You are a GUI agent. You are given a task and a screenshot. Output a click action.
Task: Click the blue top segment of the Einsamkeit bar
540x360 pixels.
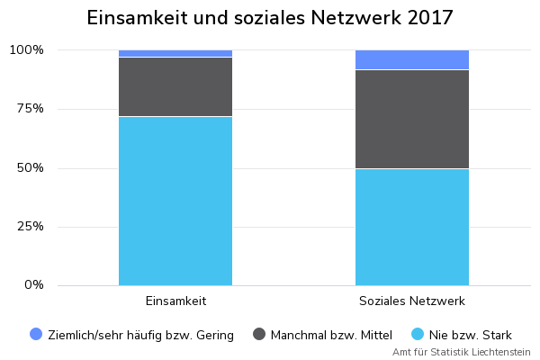tap(175, 54)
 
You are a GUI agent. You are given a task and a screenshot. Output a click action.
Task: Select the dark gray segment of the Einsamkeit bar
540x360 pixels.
tap(175, 86)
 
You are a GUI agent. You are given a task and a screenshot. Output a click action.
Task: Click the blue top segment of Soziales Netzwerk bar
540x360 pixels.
tap(412, 59)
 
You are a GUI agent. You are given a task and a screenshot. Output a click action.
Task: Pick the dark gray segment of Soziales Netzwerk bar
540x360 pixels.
tap(412, 119)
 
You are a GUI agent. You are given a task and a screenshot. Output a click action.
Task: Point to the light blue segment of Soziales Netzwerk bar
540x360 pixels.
tap(412, 227)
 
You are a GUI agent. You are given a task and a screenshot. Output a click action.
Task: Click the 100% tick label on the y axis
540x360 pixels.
tap(26, 50)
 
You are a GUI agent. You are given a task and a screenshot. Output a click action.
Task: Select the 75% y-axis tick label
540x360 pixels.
tap(30, 109)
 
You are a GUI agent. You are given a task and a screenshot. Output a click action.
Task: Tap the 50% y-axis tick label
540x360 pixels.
tap(30, 168)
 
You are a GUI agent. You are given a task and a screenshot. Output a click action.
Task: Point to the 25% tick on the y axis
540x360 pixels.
tap(30, 227)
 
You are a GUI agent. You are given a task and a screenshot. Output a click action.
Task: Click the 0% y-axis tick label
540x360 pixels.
tap(33, 285)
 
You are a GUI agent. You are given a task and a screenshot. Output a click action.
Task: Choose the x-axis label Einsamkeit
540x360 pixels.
tap(175, 301)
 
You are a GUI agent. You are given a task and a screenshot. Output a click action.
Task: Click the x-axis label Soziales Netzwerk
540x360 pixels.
tap(412, 301)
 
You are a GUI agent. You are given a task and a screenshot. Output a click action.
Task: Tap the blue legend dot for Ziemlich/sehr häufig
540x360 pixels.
tap(36, 335)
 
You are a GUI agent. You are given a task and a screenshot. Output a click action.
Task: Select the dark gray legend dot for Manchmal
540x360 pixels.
tap(259, 335)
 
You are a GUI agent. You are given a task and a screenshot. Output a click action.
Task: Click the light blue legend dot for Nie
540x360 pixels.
tap(418, 335)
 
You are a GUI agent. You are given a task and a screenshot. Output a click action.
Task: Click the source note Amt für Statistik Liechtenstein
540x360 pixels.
tap(461, 352)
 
